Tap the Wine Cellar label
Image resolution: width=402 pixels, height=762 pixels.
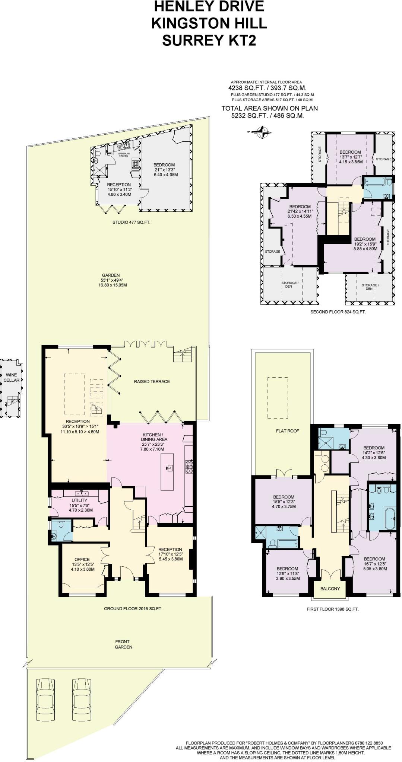(x=12, y=378)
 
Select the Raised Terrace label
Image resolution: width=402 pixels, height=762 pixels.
(x=152, y=381)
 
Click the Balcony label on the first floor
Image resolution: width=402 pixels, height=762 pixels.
(x=330, y=589)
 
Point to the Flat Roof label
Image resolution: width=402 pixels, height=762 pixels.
(x=288, y=431)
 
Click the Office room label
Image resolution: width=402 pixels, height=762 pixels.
(x=82, y=559)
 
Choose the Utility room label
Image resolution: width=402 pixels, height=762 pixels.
(x=79, y=500)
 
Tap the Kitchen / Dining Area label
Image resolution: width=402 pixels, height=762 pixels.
(x=152, y=437)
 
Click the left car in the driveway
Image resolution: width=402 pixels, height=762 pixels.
(x=44, y=700)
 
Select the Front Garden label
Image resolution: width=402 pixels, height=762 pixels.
(x=123, y=644)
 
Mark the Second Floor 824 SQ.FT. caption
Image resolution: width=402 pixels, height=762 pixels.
(x=338, y=312)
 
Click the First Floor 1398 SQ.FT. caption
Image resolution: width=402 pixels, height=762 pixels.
(x=332, y=609)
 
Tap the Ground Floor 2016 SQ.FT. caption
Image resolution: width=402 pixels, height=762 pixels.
(x=133, y=609)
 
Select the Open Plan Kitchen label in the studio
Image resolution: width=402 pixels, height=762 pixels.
(x=123, y=155)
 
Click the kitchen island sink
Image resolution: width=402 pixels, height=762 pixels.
(x=170, y=468)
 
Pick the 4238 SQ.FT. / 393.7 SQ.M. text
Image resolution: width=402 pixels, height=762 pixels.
(x=267, y=88)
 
